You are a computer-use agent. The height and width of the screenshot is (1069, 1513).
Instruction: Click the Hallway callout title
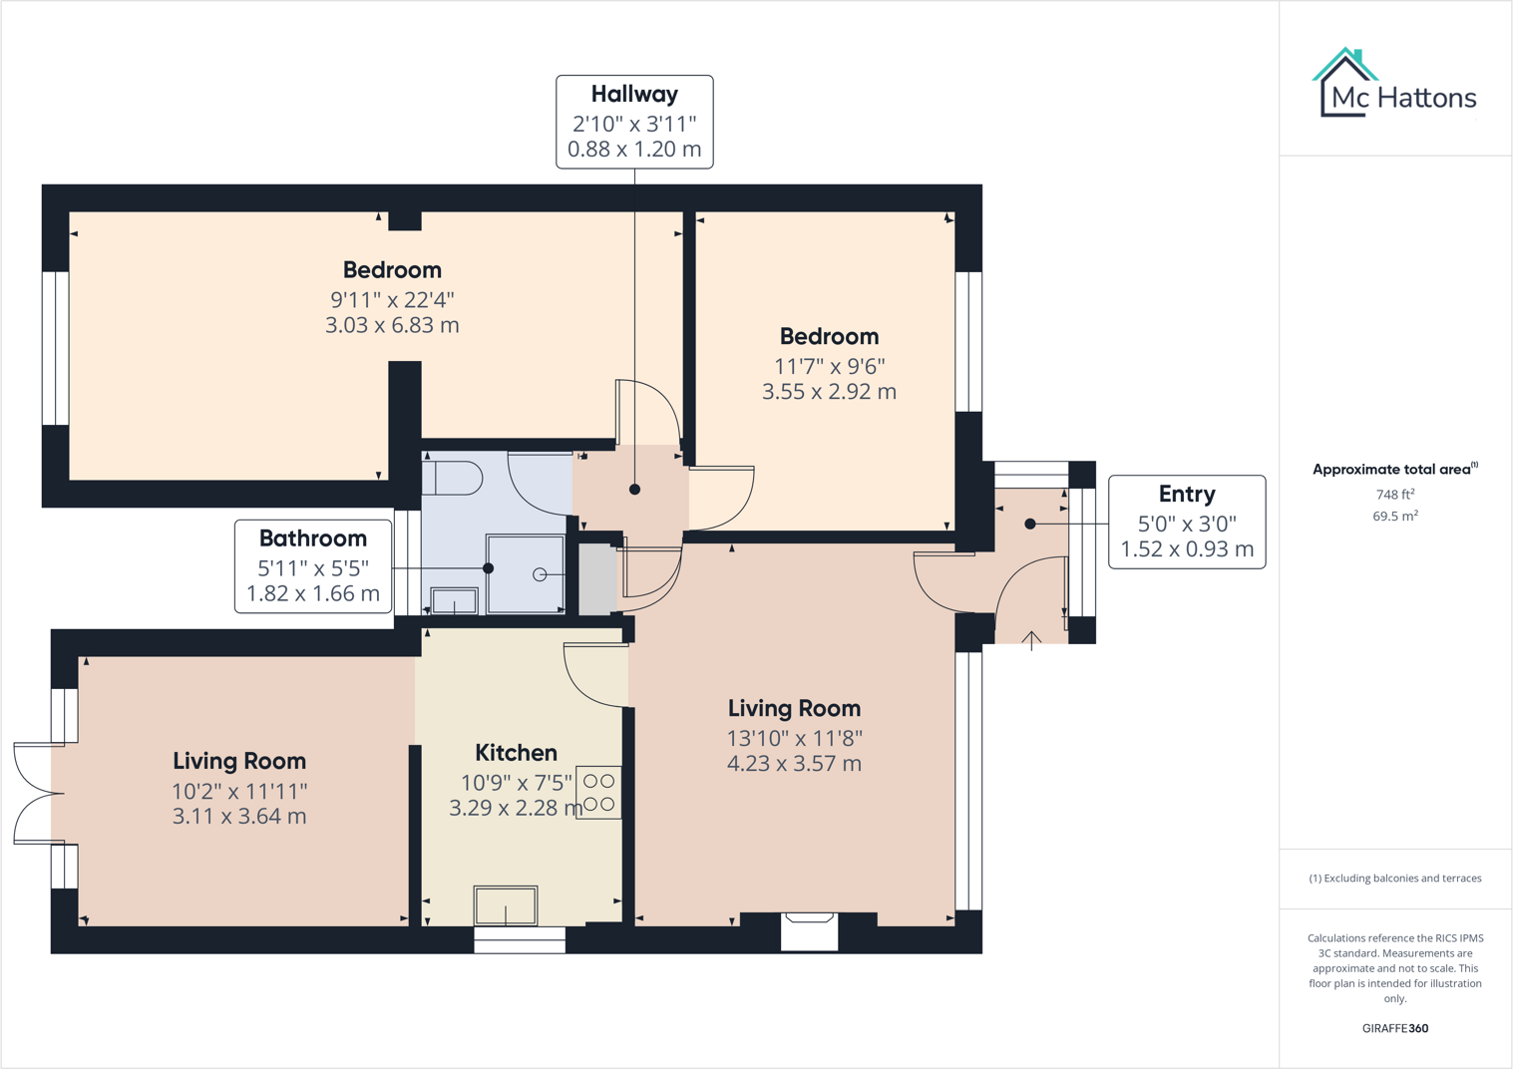pyautogui.click(x=634, y=95)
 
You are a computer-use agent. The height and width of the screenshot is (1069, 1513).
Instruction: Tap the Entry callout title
pyautogui.click(x=1186, y=495)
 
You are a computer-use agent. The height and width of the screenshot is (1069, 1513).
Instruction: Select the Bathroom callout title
pyautogui.click(x=312, y=538)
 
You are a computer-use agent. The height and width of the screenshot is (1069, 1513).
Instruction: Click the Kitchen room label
pyautogui.click(x=516, y=753)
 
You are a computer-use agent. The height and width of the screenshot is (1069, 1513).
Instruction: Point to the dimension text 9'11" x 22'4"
pyautogui.click(x=392, y=299)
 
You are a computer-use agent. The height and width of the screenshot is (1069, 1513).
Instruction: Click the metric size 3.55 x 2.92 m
pyautogui.click(x=829, y=392)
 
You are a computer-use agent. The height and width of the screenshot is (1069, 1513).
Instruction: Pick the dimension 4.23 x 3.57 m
pyautogui.click(x=794, y=764)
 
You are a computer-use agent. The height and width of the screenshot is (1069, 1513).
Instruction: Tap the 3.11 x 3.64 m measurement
pyautogui.click(x=239, y=817)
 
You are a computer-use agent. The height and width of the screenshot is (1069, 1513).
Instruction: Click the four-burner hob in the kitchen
pyautogui.click(x=598, y=793)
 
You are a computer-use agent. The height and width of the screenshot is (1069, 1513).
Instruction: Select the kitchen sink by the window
pyautogui.click(x=506, y=905)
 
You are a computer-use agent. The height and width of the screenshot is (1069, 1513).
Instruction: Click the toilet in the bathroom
pyautogui.click(x=454, y=478)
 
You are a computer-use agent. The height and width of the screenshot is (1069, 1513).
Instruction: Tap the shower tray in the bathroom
pyautogui.click(x=525, y=573)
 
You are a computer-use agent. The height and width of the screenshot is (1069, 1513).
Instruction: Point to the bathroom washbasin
pyautogui.click(x=454, y=601)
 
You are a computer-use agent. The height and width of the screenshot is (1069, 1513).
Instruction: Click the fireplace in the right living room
pyautogui.click(x=809, y=929)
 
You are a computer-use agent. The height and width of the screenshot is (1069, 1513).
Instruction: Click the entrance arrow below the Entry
pyautogui.click(x=1032, y=639)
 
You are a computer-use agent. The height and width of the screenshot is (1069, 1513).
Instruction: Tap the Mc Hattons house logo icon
pyautogui.click(x=1344, y=82)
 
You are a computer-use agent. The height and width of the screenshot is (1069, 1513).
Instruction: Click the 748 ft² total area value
pyautogui.click(x=1394, y=495)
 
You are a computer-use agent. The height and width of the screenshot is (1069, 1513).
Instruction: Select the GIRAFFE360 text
pyautogui.click(x=1394, y=1028)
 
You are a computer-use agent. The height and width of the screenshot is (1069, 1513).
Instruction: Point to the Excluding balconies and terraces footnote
pyautogui.click(x=1394, y=879)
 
